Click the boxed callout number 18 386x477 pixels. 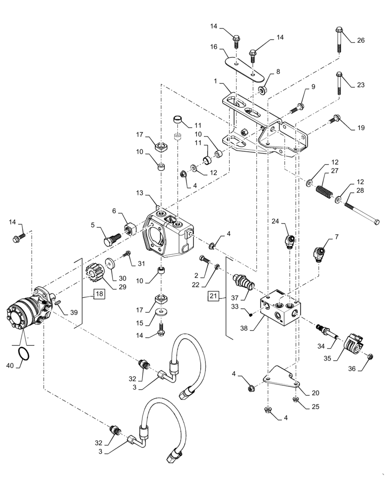pyautogui.click(x=99, y=294)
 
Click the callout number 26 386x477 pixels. pyautogui.click(x=360, y=41)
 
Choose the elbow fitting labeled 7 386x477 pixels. pyautogui.click(x=320, y=252)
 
